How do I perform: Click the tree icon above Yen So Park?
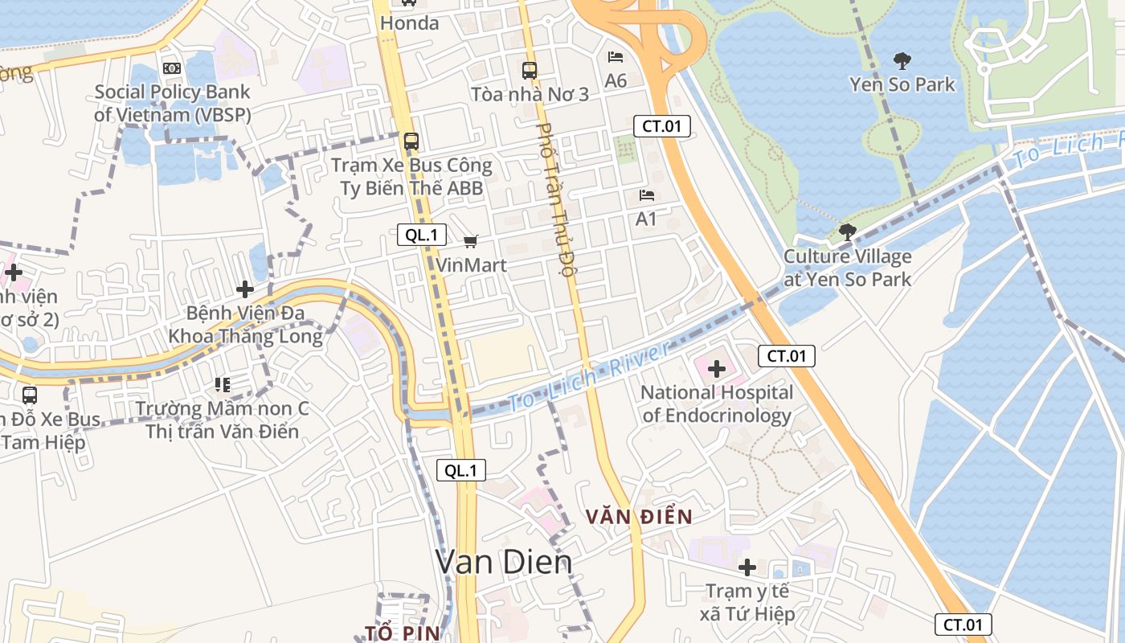point(902,60)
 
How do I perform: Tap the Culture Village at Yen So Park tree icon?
point(847,232)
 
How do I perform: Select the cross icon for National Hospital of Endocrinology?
point(717,370)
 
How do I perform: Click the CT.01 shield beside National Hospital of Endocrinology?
point(786,356)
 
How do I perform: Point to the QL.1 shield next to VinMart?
point(422,235)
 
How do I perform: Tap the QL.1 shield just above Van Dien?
point(461,471)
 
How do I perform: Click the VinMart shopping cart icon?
point(471,241)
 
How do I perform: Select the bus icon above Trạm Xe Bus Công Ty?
point(411,141)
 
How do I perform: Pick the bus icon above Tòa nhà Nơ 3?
point(529,71)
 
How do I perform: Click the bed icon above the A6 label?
point(616,57)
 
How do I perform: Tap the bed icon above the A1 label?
point(646,195)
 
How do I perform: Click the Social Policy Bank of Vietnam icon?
point(171,68)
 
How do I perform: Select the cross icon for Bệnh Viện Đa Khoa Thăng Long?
point(245,289)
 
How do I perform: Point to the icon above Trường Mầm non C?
point(223,385)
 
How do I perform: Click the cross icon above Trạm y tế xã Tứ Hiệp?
point(747,567)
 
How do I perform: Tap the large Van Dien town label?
point(504,562)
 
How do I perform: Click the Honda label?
point(410,23)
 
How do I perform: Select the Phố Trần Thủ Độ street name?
point(556,199)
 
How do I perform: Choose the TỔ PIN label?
point(403,633)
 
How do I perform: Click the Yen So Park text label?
point(902,84)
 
